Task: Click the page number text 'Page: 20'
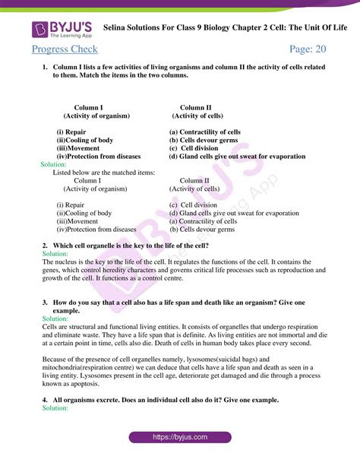[x=308, y=49]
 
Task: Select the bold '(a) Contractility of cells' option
[x=205, y=132]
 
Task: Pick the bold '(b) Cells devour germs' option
[x=204, y=141]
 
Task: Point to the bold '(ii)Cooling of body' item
[x=85, y=141]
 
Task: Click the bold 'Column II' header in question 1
[x=196, y=107]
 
